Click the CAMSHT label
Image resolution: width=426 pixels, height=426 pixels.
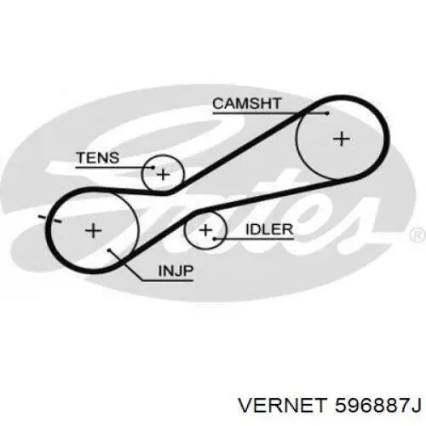coord(247,104)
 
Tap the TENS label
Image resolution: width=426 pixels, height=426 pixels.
coord(98,158)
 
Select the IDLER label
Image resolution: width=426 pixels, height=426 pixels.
coord(269,229)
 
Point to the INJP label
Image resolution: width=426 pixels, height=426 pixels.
coord(176,271)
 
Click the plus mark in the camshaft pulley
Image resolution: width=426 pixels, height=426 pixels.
coord(342,139)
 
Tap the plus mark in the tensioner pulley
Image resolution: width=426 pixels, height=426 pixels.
coord(163,175)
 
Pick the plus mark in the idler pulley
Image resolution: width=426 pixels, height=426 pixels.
coord(205,230)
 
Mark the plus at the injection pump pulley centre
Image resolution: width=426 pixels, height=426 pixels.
coord(94,230)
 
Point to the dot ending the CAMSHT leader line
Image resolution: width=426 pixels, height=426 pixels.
coord(327,113)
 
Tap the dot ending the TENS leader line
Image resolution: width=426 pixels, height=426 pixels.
coord(153,168)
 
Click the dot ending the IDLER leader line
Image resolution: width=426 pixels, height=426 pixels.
coord(215,239)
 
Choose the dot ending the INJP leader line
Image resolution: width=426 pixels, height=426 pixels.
coord(109,250)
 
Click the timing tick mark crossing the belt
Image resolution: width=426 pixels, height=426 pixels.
coord(50,219)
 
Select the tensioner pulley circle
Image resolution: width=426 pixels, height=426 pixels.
coord(141,174)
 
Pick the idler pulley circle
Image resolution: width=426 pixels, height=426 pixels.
coord(185,230)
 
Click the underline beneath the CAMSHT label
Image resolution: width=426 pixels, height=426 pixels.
coord(270,113)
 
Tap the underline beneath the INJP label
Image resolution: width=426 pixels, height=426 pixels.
coord(168,281)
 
